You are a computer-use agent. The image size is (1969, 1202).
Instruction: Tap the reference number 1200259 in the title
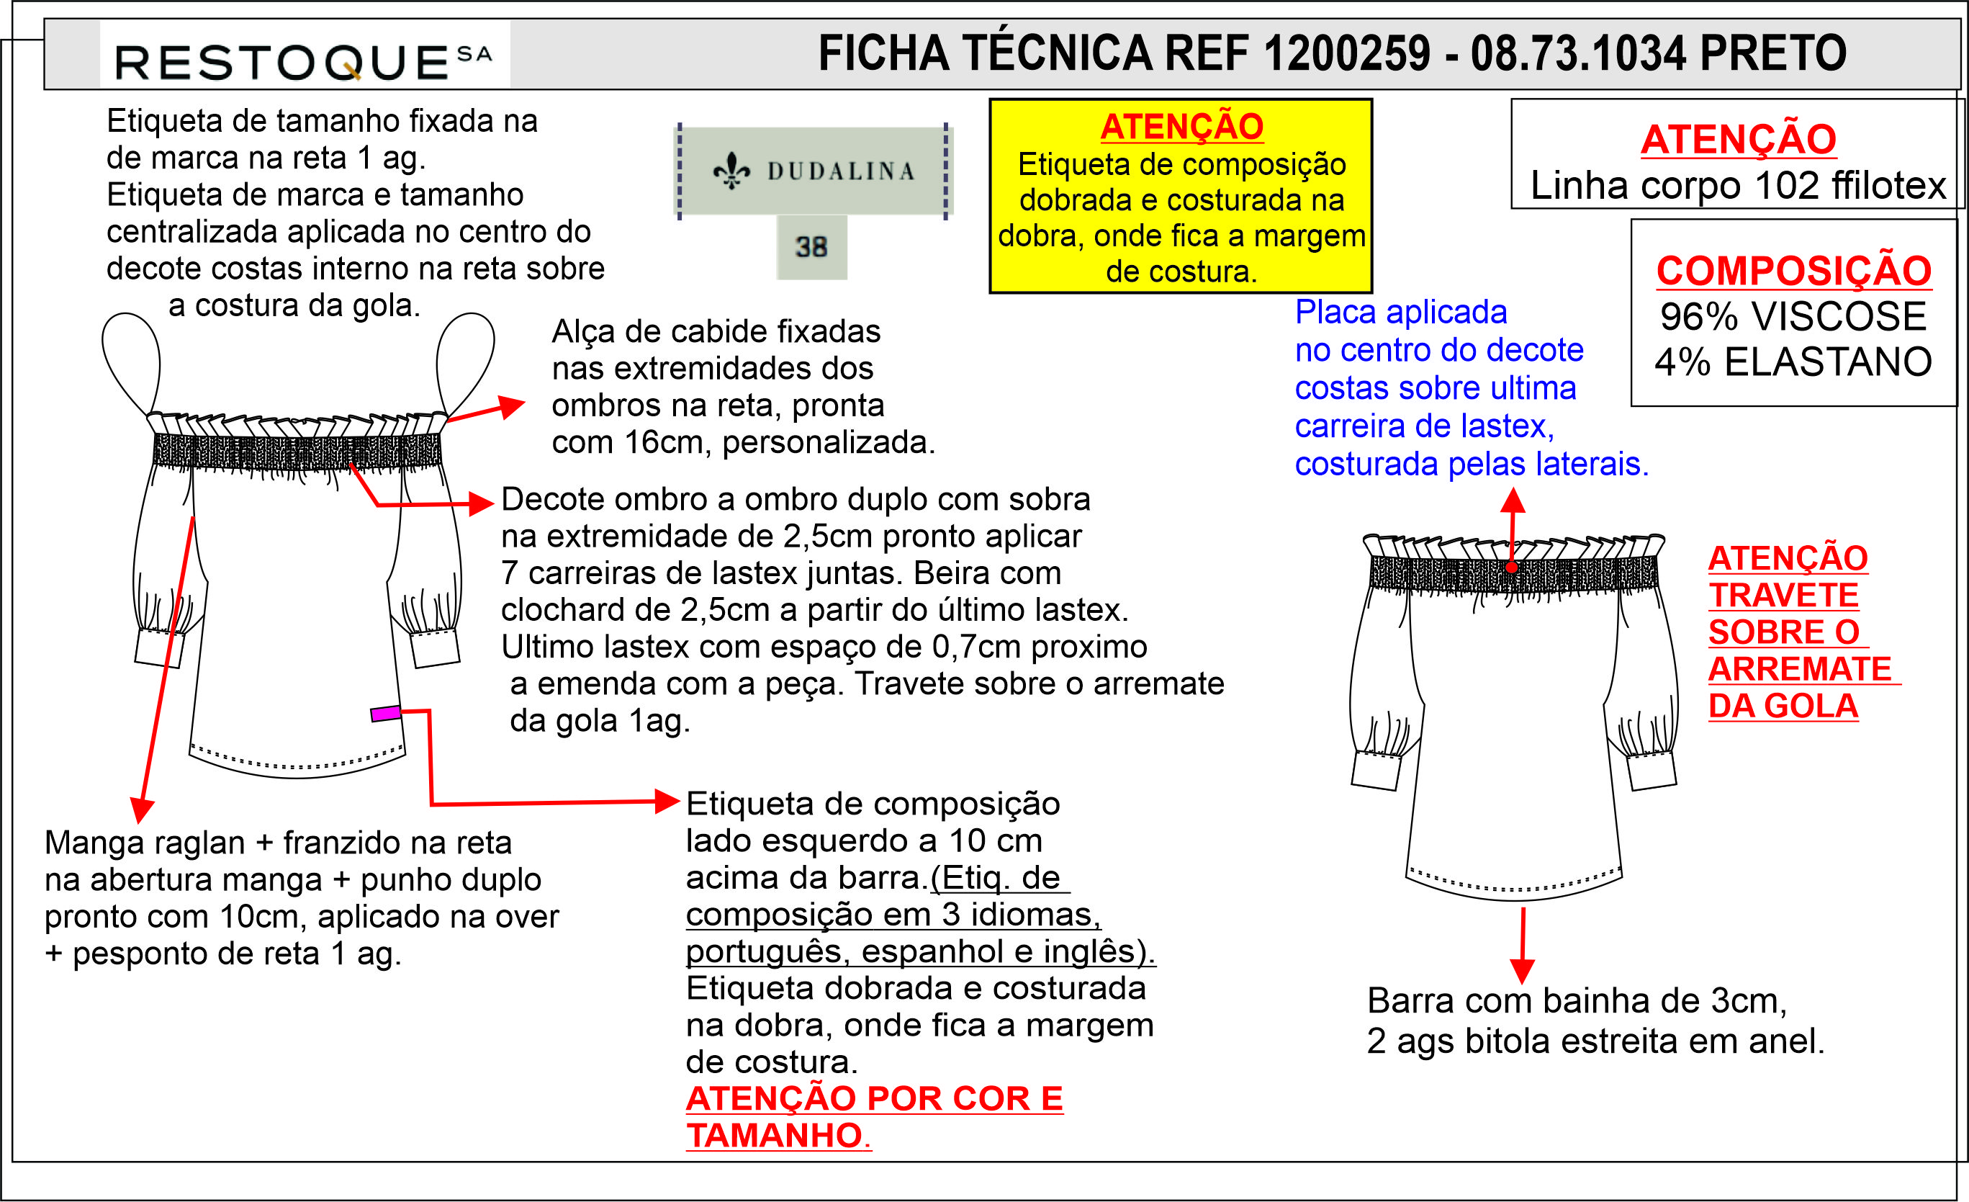pyautogui.click(x=1347, y=54)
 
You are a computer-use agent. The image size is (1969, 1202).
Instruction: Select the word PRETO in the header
pyautogui.click(x=1772, y=54)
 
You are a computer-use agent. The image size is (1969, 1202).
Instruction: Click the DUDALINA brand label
pyautogui.click(x=813, y=171)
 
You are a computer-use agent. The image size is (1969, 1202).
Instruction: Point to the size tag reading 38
pyautogui.click(x=811, y=247)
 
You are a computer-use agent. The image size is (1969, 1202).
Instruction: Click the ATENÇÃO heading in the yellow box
pyautogui.click(x=1181, y=127)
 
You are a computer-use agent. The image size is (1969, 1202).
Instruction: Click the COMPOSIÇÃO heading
pyautogui.click(x=1793, y=271)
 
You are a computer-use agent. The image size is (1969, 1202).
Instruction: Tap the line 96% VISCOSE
pyautogui.click(x=1793, y=316)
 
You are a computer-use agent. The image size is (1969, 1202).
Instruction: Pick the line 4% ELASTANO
pyautogui.click(x=1793, y=362)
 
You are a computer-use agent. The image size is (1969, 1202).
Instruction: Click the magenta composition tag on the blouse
pyautogui.click(x=386, y=714)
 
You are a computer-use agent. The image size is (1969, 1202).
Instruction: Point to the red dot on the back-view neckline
pyautogui.click(x=1512, y=568)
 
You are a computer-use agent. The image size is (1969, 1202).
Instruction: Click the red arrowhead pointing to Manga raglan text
pyautogui.click(x=141, y=810)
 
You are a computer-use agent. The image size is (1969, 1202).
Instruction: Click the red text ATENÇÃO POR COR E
pyautogui.click(x=874, y=1099)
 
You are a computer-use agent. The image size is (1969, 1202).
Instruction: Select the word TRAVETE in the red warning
pyautogui.click(x=1783, y=596)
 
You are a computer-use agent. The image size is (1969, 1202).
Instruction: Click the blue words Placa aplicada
pyautogui.click(x=1400, y=313)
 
